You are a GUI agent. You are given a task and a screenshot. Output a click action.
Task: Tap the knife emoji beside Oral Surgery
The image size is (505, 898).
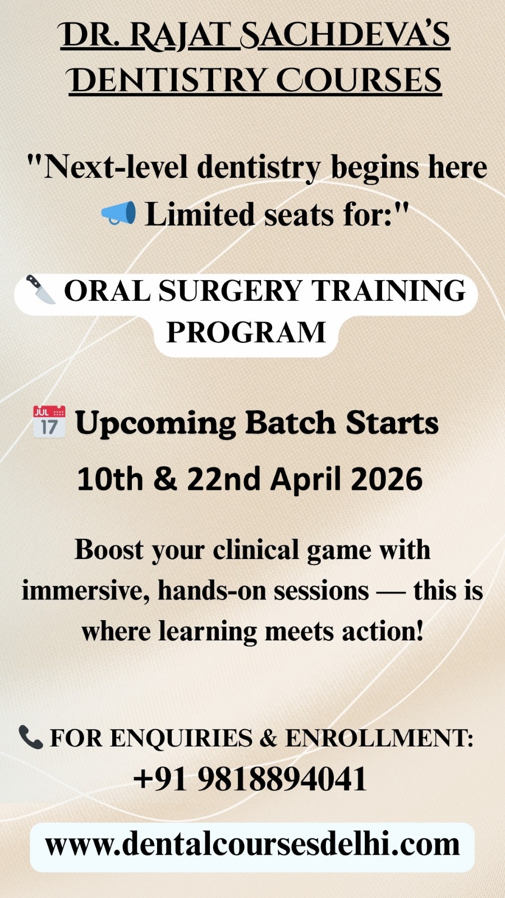(x=41, y=290)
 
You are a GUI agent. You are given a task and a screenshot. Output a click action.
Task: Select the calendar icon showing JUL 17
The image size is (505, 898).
(x=49, y=421)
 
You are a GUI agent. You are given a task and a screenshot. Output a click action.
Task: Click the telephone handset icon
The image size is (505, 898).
(x=31, y=737)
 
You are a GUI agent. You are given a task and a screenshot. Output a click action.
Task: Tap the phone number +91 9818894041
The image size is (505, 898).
(x=250, y=778)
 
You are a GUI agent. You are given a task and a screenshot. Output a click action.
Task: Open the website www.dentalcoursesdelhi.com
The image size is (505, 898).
(x=252, y=844)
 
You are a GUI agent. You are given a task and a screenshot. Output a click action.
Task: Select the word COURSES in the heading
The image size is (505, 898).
(x=359, y=80)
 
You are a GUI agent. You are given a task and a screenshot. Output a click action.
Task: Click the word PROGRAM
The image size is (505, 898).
(x=246, y=332)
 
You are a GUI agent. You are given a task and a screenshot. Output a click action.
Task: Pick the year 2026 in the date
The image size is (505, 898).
(x=386, y=479)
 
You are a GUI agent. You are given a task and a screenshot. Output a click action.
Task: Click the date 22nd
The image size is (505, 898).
(x=224, y=479)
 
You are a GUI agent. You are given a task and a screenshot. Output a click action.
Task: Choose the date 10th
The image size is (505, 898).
(x=110, y=479)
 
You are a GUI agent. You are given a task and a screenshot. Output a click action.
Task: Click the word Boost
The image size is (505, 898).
(x=109, y=549)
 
